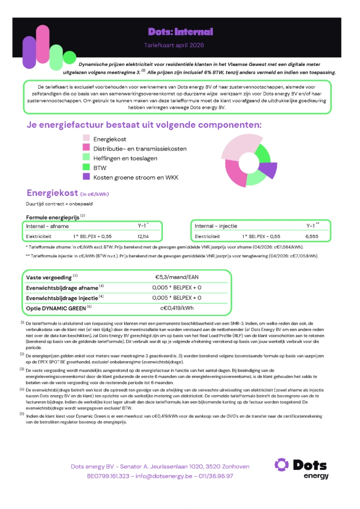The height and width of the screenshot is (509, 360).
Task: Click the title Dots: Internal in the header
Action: (180, 32)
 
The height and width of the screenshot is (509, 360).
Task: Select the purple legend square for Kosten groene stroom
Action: (86, 177)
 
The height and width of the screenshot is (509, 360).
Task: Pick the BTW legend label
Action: (100, 168)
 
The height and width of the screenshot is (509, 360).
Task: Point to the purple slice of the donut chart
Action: (268, 170)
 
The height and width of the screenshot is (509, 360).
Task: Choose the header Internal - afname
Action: (47, 226)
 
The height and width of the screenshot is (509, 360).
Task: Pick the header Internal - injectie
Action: (215, 226)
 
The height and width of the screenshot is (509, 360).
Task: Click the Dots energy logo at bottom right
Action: (302, 468)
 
